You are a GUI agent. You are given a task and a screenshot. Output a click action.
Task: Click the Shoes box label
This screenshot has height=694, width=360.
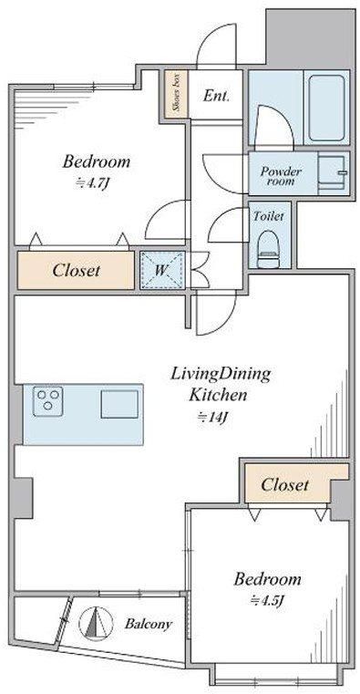click(x=172, y=91)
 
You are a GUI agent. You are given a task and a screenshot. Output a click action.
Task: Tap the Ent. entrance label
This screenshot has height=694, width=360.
click(x=216, y=96)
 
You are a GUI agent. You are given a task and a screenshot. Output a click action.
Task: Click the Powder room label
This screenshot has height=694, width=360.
click(x=282, y=174)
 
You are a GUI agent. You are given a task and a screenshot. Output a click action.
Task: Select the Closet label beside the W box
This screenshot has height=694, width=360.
click(x=76, y=270)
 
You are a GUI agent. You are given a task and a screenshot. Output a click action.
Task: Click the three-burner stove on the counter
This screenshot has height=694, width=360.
click(x=47, y=401)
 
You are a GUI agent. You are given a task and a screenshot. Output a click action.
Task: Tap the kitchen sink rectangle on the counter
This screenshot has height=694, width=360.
click(x=118, y=402)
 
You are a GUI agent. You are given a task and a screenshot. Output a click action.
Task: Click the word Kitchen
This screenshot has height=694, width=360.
click(x=218, y=396)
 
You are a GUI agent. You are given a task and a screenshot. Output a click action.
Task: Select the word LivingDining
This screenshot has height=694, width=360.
click(x=221, y=374)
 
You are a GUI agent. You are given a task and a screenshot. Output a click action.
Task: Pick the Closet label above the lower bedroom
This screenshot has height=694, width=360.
click(x=284, y=485)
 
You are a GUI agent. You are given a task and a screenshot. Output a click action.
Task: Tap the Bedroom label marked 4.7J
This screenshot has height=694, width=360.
click(x=96, y=162)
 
